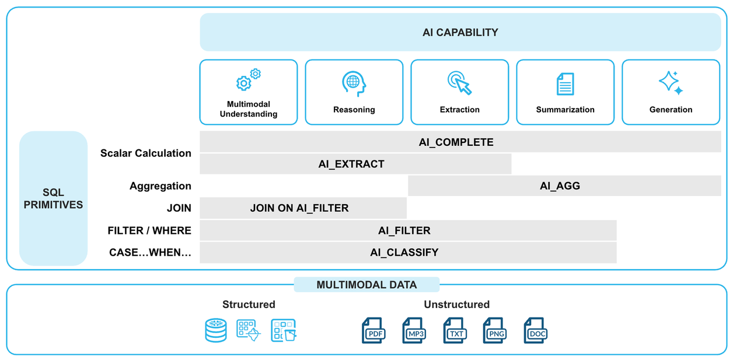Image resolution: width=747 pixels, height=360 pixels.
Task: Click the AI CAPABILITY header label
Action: [x=460, y=33]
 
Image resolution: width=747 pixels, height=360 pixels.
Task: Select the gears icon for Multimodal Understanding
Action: [x=248, y=81]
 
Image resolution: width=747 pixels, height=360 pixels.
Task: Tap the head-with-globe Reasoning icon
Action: [x=354, y=83]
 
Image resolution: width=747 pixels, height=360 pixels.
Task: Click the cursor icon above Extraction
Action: [x=459, y=83]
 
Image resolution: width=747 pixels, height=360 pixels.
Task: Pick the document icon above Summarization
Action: [x=565, y=84]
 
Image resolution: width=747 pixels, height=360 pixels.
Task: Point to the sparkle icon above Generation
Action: [x=671, y=83]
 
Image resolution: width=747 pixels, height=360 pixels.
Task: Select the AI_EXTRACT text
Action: [x=351, y=165]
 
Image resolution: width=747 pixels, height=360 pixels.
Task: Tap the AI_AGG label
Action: [x=560, y=186]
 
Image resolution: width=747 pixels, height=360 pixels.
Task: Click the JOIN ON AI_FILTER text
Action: [x=299, y=208]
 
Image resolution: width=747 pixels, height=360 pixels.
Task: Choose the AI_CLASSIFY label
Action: [x=404, y=253]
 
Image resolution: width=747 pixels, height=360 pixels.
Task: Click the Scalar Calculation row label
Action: [x=145, y=153]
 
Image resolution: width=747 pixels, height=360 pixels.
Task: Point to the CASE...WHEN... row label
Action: [x=150, y=253]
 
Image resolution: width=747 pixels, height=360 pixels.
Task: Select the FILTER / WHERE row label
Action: [x=149, y=230]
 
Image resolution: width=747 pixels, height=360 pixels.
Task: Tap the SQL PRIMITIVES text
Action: [x=53, y=198]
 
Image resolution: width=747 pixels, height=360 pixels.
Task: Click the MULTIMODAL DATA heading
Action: [x=366, y=285]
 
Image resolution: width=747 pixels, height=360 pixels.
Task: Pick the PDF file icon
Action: [x=373, y=331]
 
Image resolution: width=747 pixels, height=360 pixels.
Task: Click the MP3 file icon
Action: [x=414, y=331]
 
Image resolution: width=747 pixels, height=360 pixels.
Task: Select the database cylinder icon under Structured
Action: [x=216, y=330]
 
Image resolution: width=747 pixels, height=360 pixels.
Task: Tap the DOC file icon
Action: [x=535, y=331]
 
